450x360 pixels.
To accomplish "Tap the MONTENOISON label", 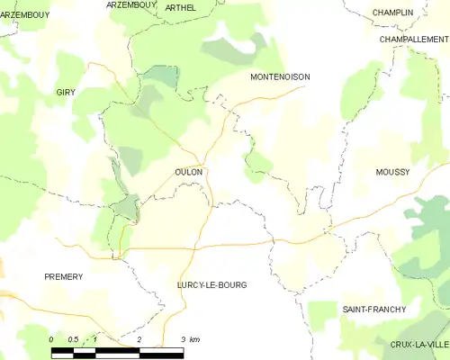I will click(280, 77).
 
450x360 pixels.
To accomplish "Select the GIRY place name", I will click(66, 93).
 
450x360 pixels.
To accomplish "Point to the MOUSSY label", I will click(392, 172).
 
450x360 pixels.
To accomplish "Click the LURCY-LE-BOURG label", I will click(211, 284).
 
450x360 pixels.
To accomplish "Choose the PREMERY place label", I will click(63, 277).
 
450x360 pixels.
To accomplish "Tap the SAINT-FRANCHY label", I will click(373, 310).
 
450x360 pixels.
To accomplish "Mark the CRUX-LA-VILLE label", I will click(418, 345).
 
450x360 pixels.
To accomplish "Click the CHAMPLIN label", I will click(392, 13).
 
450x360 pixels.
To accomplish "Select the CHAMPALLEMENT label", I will click(413, 40).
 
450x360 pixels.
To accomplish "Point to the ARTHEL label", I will click(180, 7).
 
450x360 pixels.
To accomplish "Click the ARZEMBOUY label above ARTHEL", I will click(131, 4).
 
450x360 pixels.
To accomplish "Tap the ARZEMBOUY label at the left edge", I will click(24, 15).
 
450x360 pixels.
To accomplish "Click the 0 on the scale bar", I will click(51, 339).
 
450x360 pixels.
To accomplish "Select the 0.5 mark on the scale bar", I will click(73, 339).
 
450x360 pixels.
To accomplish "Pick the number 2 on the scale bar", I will click(139, 339).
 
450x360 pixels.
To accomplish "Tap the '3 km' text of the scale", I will click(189, 339).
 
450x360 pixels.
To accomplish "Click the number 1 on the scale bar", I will click(95, 339).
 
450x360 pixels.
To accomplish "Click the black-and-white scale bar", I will click(117, 351).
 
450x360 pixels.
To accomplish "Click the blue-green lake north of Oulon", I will click(161, 77).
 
